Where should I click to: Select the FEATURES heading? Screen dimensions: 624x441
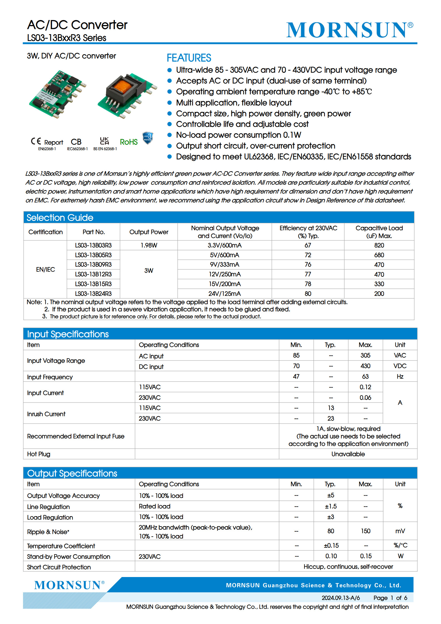(189, 58)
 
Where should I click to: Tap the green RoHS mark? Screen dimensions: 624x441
(129, 142)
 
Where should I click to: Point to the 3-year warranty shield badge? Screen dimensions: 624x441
(148, 138)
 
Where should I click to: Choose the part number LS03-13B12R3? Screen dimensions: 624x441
(93, 274)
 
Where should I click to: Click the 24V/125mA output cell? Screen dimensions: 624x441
(224, 294)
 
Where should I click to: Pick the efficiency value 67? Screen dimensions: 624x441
(308, 245)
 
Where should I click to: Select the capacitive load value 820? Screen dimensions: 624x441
(379, 245)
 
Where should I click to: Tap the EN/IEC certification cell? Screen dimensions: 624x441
(46, 269)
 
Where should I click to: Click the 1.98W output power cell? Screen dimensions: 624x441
(149, 245)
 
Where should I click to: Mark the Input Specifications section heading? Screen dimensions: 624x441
(68, 334)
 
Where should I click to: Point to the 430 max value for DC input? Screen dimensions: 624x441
(365, 366)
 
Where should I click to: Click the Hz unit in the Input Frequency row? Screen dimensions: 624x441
(400, 377)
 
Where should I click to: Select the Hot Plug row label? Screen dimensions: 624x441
(39, 454)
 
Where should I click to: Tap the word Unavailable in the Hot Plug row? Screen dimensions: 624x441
(348, 454)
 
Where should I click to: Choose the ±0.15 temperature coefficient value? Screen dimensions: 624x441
(331, 546)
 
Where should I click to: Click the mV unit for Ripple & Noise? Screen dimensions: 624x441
(400, 531)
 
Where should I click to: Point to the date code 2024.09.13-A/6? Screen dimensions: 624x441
(341, 598)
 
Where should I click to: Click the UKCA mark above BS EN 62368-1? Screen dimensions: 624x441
(104, 141)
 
